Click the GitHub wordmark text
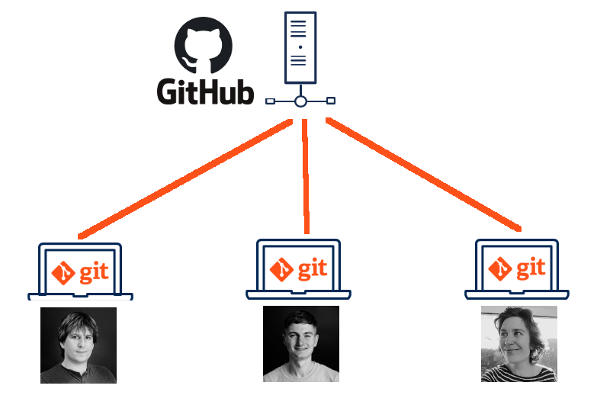pos(205,91)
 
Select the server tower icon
pos(300,47)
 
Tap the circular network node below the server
pos(300,101)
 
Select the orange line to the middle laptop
pos(305,175)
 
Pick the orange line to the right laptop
pos(423,174)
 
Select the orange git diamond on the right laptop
pos(500,269)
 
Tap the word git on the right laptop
pos(531,268)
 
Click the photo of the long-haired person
pos(79,345)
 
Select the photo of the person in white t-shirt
pos(301,344)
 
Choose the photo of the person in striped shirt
pos(519,344)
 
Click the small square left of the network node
pos(270,101)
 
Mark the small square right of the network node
pos(331,100)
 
